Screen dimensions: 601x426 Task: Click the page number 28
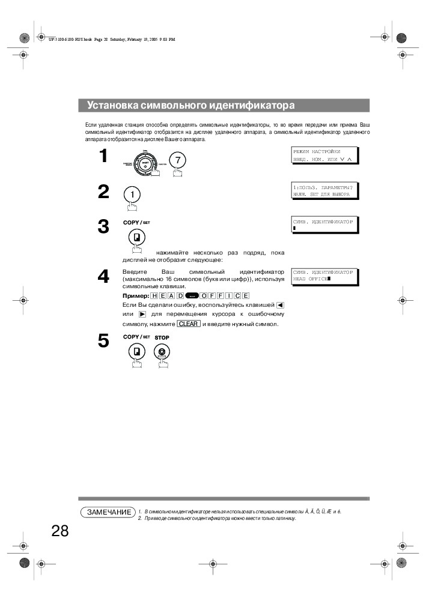pos(60,531)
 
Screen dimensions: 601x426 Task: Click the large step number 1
pos(103,156)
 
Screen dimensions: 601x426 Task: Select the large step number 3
pos(103,227)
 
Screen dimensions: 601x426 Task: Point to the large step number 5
pos(103,341)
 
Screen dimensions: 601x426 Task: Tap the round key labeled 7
pos(178,160)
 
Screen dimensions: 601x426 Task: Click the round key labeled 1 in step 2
pos(133,195)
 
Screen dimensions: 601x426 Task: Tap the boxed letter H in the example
pos(154,296)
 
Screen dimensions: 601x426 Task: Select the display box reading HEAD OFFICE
pos(323,276)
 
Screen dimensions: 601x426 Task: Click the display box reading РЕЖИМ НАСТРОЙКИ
pos(323,156)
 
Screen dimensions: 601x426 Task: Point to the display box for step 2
pos(323,191)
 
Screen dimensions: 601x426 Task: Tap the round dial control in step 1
pos(145,162)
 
